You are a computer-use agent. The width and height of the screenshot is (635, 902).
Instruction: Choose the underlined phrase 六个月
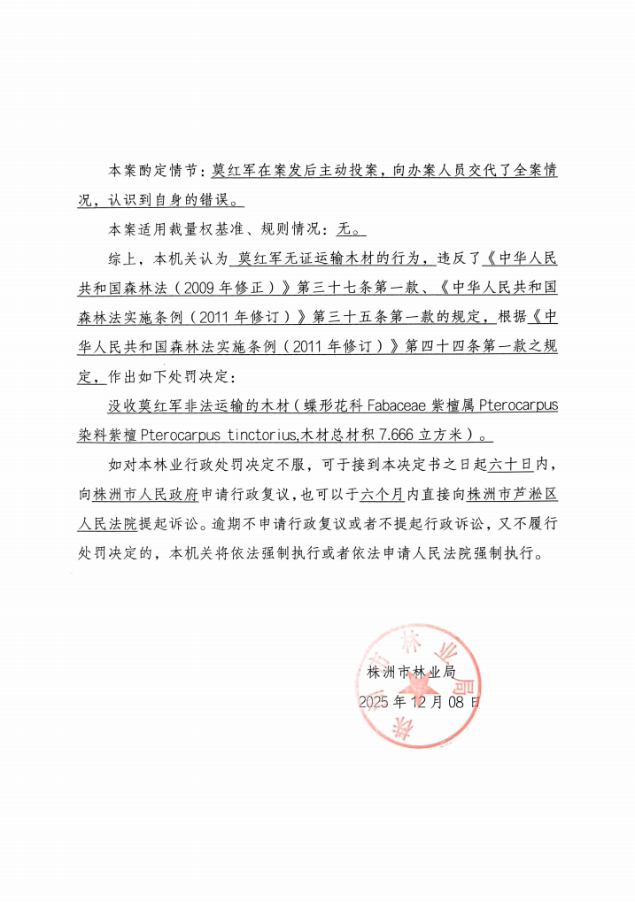click(383, 493)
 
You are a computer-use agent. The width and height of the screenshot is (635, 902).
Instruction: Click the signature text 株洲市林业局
click(411, 672)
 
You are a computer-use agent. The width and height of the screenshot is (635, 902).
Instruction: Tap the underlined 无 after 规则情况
click(345, 229)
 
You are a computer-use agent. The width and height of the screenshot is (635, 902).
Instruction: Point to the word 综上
click(120, 259)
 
